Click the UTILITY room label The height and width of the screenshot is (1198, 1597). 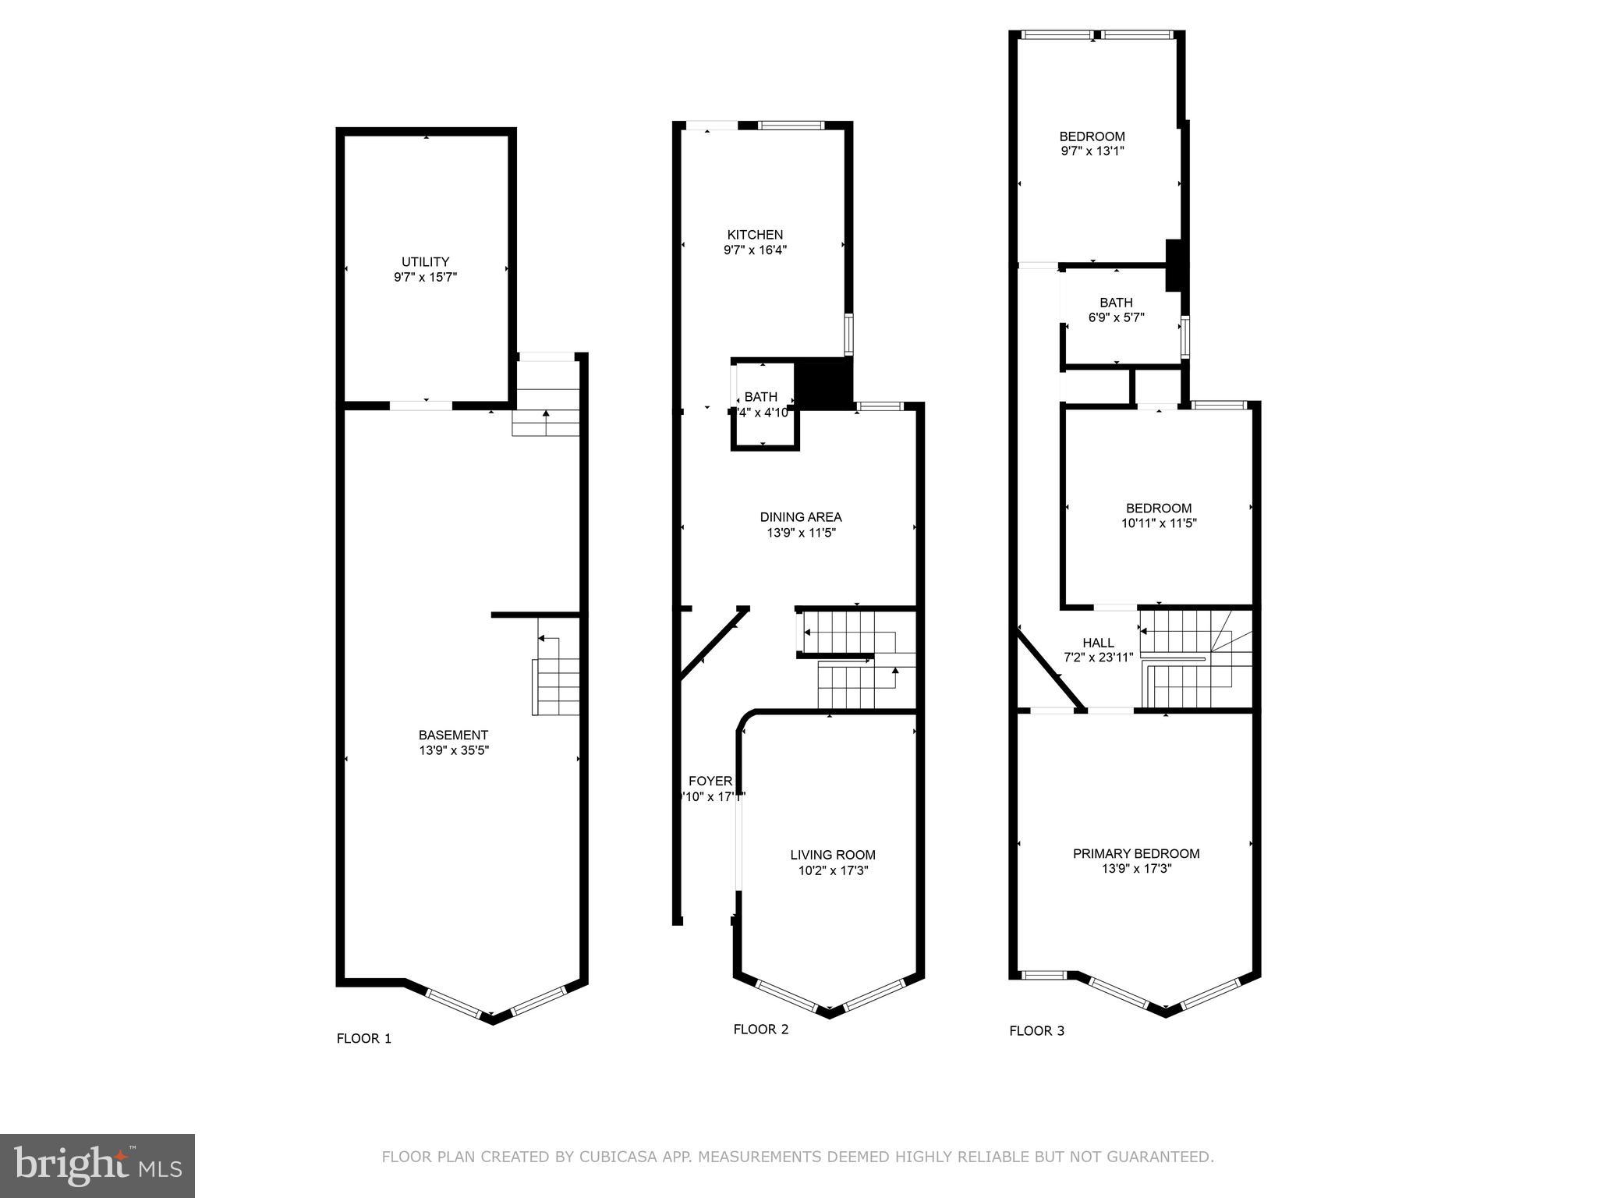coord(425,262)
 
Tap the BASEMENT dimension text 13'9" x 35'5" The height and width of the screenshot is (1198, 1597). coord(453,750)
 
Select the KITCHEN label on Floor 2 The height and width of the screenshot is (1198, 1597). coord(754,235)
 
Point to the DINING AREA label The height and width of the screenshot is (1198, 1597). coord(800,517)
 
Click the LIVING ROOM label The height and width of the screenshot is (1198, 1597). coord(832,855)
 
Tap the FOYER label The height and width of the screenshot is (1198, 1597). coord(710,782)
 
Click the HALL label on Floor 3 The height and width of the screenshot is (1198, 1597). coord(1098,643)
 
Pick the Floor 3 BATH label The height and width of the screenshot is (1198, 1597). coord(1116,303)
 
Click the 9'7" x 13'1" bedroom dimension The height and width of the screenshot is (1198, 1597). coord(1092,151)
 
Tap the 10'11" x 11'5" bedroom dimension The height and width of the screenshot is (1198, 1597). coord(1158,523)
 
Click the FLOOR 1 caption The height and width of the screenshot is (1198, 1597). coord(363,1038)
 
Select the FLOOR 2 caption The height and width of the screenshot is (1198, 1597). coord(760,1029)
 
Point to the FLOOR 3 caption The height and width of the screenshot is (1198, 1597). coord(1036,1030)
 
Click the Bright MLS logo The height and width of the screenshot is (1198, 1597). coord(97,1165)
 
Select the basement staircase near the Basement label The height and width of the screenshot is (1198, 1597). coord(556,686)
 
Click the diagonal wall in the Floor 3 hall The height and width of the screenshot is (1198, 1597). coord(1050,670)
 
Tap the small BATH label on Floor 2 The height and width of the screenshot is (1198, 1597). coord(760,397)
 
